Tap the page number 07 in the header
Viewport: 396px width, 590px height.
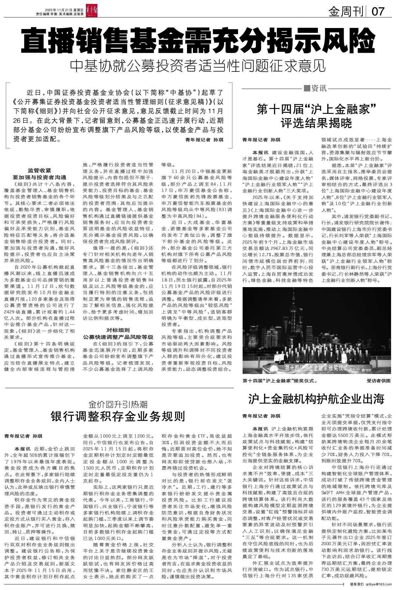point(378,12)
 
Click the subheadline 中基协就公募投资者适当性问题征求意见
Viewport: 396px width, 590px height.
point(198,66)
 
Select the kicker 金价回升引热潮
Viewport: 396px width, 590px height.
point(118,404)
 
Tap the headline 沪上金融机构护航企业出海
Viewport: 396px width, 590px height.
point(316,399)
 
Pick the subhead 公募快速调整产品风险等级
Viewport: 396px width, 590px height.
point(118,337)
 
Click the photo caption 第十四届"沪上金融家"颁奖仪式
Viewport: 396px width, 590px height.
point(280,381)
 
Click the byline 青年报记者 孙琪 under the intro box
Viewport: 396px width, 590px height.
point(204,140)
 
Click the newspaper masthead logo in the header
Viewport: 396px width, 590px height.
point(81,12)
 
